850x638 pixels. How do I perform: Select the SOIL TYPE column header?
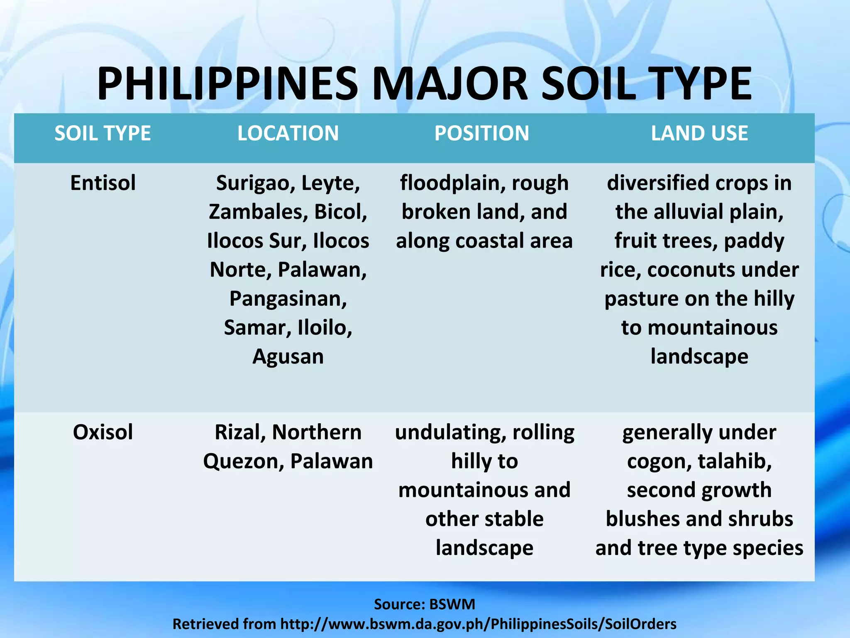103,133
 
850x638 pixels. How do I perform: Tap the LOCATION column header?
288,133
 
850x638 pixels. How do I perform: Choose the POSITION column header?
481,133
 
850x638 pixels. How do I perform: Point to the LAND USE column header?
699,133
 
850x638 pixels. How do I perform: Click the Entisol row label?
103,183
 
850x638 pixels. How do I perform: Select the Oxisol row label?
103,432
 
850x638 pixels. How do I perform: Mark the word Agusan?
288,356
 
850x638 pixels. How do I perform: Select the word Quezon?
244,461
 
